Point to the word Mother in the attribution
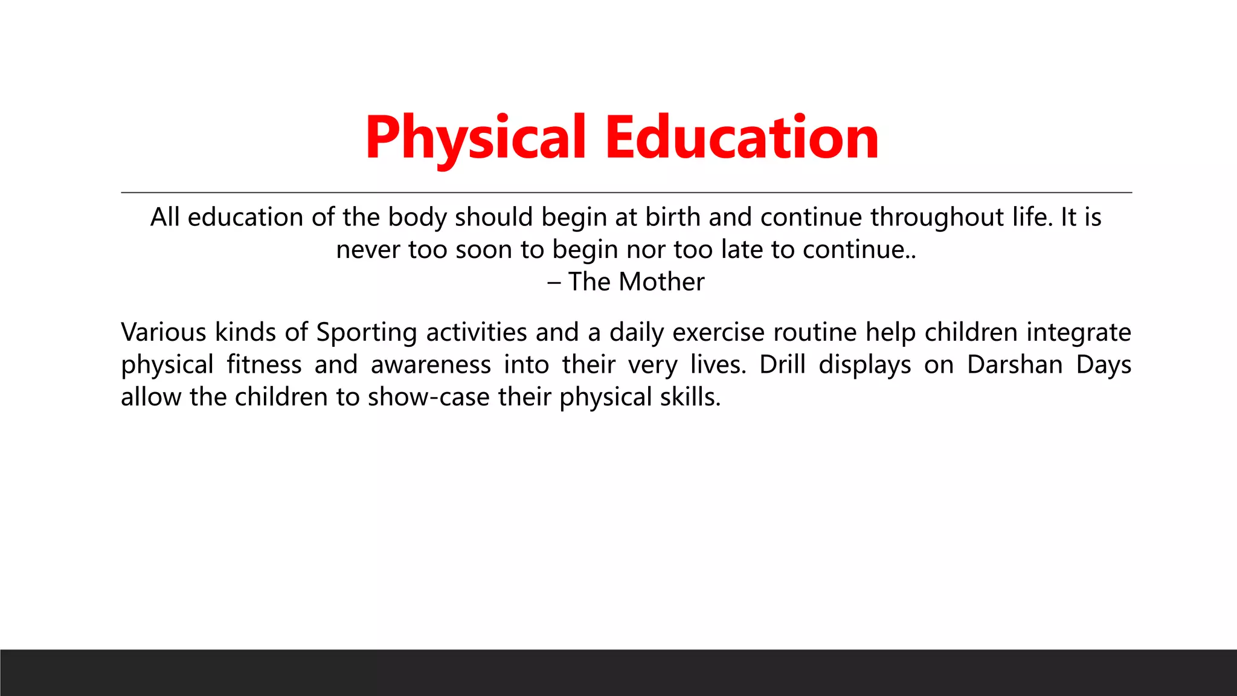662,282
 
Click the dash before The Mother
554,282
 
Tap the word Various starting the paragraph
163,332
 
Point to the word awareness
431,365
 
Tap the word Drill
782,365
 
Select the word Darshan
1015,365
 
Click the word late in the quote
742,250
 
